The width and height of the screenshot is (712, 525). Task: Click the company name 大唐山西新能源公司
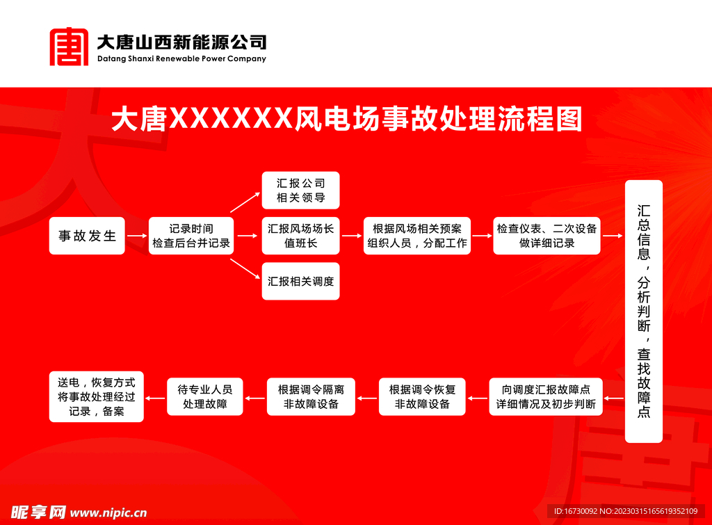(x=181, y=42)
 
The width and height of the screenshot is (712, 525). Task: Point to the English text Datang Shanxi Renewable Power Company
(x=181, y=59)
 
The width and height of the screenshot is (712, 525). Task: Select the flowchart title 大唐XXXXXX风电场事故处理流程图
(x=346, y=120)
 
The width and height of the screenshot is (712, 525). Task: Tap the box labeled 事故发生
(x=87, y=236)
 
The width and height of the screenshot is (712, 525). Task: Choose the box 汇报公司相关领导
(x=300, y=191)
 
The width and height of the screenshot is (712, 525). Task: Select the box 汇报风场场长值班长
(x=300, y=236)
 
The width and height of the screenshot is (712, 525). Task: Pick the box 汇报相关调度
(x=300, y=282)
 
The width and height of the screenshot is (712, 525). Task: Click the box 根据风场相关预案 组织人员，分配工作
(x=417, y=236)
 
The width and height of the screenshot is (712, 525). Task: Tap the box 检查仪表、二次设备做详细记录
(x=547, y=236)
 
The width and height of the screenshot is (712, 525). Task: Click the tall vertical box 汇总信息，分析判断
(x=644, y=311)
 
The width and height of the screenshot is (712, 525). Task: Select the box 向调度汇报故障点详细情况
(x=546, y=396)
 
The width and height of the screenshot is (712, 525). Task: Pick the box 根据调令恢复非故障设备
(x=422, y=396)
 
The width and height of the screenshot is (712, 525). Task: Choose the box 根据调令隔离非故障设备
(x=311, y=396)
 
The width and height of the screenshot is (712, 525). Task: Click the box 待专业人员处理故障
(x=205, y=396)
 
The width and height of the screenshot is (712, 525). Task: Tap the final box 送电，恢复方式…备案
(x=97, y=396)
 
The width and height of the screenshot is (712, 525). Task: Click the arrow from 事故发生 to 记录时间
(x=136, y=236)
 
